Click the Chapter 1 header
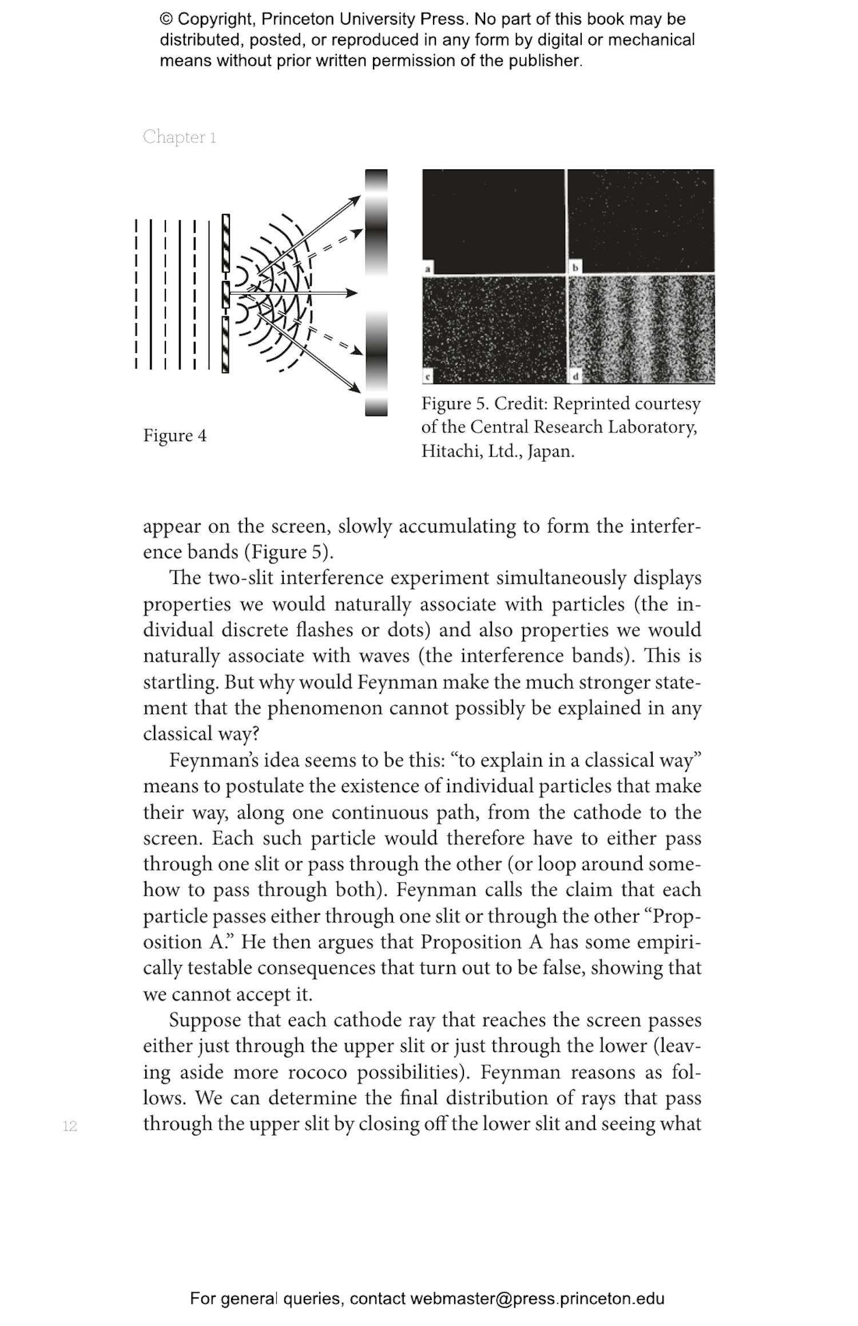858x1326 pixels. click(179, 137)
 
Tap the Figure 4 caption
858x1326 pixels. click(174, 436)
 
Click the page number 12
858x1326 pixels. click(70, 1126)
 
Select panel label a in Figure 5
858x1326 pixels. click(427, 268)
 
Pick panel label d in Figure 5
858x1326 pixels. click(575, 377)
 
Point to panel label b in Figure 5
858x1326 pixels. click(575, 268)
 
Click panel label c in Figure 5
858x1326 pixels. click(427, 377)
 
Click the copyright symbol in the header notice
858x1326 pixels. click(166, 19)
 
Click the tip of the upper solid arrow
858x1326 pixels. click(359, 197)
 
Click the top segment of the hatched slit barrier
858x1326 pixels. click(226, 243)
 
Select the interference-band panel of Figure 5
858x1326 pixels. click(641, 329)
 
